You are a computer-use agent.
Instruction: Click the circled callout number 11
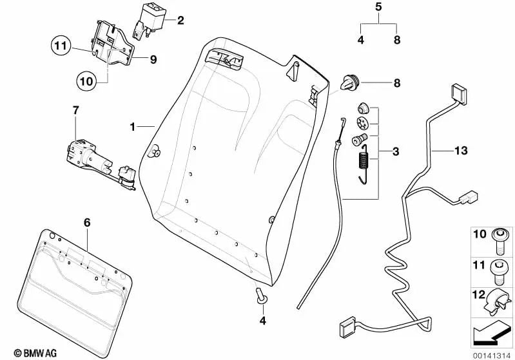[60, 46]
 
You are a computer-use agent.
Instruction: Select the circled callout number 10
[86, 82]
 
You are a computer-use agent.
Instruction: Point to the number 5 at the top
[378, 8]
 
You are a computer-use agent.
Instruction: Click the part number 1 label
[132, 127]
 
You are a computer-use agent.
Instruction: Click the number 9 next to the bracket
[153, 59]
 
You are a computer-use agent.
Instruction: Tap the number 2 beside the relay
[180, 21]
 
